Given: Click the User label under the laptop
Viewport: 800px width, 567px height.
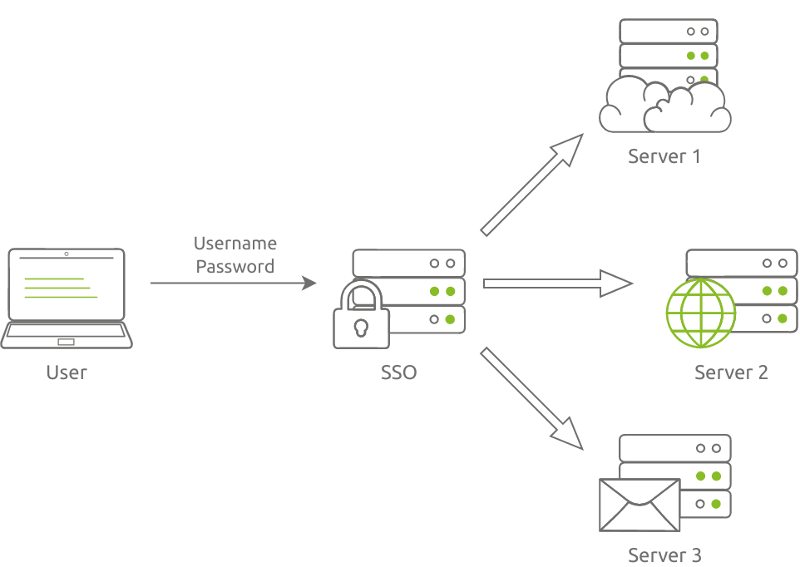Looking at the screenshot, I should (x=67, y=372).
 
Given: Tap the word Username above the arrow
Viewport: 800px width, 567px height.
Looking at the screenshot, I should (x=235, y=244).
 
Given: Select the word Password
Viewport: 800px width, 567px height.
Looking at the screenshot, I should (x=235, y=267).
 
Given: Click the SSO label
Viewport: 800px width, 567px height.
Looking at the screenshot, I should (x=398, y=372).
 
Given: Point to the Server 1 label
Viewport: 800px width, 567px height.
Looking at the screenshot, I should (x=664, y=156).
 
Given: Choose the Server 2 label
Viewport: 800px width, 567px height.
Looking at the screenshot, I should (x=731, y=372).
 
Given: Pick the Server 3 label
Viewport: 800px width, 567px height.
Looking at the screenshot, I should (x=664, y=555).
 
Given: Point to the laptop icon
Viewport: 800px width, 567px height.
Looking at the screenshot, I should (x=67, y=298).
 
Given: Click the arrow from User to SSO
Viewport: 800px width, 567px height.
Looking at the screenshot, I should (x=233, y=283).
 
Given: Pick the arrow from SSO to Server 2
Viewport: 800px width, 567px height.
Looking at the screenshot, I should (x=557, y=283).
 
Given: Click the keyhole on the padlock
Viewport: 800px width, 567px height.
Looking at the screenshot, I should (x=361, y=328).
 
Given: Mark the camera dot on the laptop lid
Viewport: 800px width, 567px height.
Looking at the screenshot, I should (x=67, y=253).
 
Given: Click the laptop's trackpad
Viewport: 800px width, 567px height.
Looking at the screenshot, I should (x=67, y=342).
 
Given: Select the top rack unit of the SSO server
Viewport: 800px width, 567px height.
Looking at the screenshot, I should (x=408, y=264).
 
